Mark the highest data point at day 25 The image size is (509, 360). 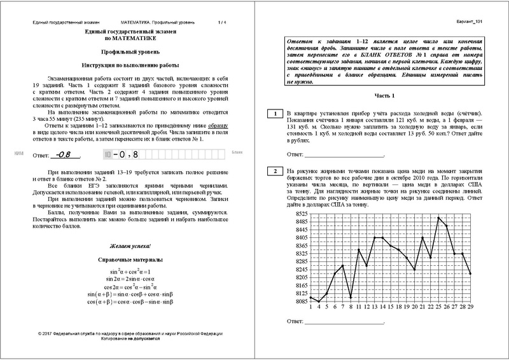point(438,218)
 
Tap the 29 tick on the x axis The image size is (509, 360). point(470,307)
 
